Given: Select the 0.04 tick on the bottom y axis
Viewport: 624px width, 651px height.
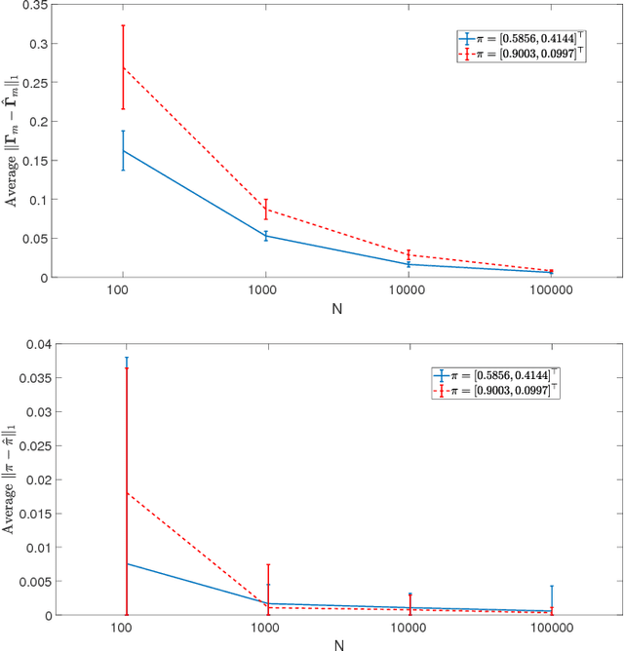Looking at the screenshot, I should pos(31,344).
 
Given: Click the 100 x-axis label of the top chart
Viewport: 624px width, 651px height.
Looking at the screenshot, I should pos(123,290).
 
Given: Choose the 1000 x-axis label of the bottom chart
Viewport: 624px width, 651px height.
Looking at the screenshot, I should pos(266,630).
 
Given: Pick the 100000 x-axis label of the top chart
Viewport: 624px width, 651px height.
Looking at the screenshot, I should pos(552,290).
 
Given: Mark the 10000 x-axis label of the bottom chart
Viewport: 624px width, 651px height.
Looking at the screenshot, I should pos(409,630).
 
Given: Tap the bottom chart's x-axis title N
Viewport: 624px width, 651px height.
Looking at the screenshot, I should pos(337,644).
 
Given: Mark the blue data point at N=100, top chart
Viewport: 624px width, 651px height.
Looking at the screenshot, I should pos(123,151).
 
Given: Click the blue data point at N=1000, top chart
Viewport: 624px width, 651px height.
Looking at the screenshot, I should pos(266,236).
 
